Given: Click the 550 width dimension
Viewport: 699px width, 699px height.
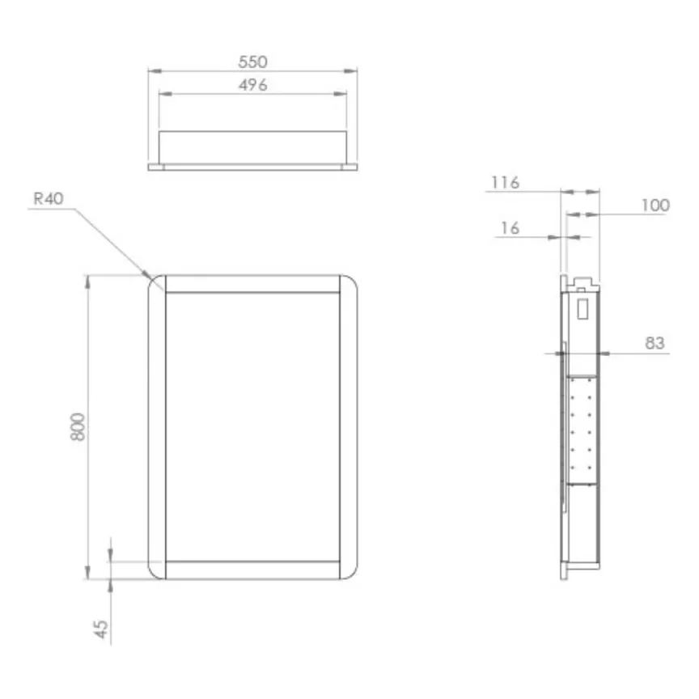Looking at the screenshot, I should [x=252, y=61].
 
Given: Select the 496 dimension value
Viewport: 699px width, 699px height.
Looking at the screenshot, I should [x=252, y=85].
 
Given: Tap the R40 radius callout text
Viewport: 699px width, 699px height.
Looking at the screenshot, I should [x=49, y=198].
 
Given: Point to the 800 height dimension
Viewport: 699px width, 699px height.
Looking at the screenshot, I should [x=78, y=426].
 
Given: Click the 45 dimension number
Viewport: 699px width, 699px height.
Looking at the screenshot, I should [x=102, y=629].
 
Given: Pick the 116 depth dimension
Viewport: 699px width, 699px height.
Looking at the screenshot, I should [x=505, y=183].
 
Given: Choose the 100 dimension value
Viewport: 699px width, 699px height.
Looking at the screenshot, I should [x=655, y=205].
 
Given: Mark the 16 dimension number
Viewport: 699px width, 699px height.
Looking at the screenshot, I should [x=509, y=229].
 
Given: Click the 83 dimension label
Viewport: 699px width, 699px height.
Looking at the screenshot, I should [x=655, y=344].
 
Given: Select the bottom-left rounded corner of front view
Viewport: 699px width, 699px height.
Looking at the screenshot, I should [x=156, y=570].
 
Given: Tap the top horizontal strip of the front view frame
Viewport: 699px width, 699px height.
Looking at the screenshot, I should [x=252, y=284].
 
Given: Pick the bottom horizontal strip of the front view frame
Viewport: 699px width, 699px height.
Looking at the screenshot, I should [x=252, y=570].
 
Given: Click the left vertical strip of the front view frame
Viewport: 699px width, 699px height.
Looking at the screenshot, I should [x=157, y=426].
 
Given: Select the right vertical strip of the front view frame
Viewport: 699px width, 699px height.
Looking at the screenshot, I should [x=349, y=426].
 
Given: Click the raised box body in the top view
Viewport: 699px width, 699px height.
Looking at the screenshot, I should [x=252, y=147].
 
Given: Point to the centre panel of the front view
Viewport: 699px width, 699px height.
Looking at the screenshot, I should [x=252, y=426].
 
